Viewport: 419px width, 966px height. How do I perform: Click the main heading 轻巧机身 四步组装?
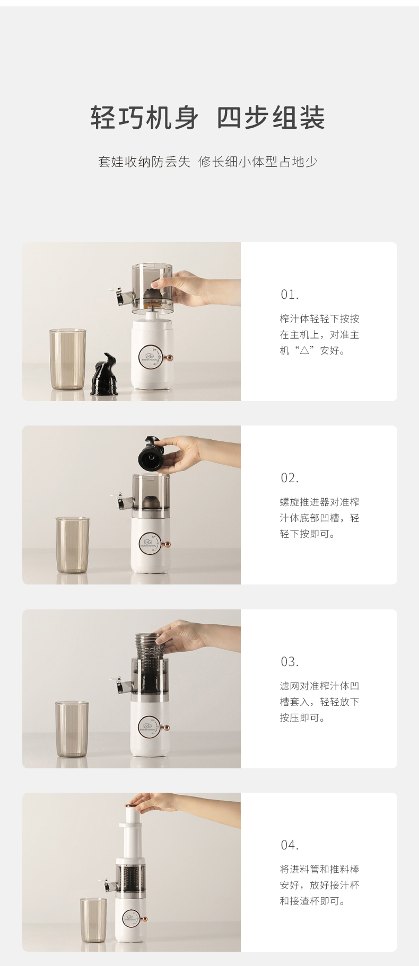click(x=208, y=117)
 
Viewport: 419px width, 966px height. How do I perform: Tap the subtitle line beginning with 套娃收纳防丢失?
click(x=207, y=162)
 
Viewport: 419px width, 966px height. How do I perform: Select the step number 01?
click(x=290, y=295)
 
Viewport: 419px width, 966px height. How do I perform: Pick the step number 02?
click(x=290, y=478)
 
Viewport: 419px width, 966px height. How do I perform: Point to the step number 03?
click(x=290, y=662)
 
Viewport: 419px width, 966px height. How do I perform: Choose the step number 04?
click(x=290, y=845)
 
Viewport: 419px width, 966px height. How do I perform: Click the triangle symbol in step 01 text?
click(x=304, y=351)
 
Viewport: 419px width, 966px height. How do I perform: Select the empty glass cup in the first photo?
click(x=68, y=359)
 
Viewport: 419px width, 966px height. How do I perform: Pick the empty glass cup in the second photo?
click(x=73, y=545)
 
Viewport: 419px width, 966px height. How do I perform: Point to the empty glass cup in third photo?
click(x=72, y=729)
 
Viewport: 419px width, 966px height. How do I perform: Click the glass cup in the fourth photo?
click(x=93, y=920)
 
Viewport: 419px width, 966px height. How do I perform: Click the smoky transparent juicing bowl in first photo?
click(x=153, y=287)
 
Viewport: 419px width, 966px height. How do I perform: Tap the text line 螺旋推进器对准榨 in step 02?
click(x=320, y=502)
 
